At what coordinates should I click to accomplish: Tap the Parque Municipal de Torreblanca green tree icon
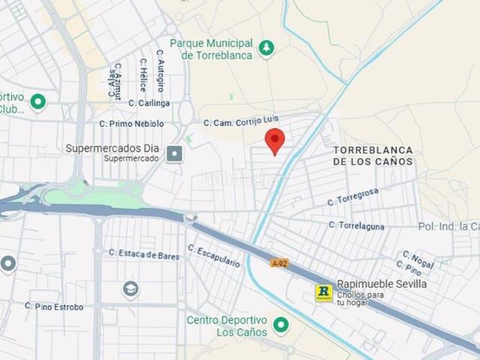pyautogui.click(x=266, y=49)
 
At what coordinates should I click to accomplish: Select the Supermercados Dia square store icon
pyautogui.click(x=175, y=154)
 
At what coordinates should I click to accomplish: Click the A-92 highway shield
pyautogui.click(x=279, y=263)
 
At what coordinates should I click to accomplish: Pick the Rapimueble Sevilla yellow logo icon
pyautogui.click(x=323, y=292)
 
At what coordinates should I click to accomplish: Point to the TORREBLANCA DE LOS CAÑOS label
pyautogui.click(x=373, y=155)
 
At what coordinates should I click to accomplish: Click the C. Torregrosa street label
pyautogui.click(x=353, y=197)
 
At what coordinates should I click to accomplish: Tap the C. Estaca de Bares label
pyautogui.click(x=144, y=255)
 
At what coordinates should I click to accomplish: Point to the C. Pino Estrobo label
pyautogui.click(x=54, y=306)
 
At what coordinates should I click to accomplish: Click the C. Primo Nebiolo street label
pyautogui.click(x=131, y=123)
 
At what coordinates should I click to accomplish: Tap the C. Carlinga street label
pyautogui.click(x=149, y=103)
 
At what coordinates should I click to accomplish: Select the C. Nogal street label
pyautogui.click(x=418, y=259)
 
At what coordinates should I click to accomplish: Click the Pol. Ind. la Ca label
pyautogui.click(x=448, y=226)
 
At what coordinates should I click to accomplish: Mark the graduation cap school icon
pyautogui.click(x=130, y=289)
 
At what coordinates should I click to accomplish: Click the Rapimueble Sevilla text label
pyautogui.click(x=382, y=284)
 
